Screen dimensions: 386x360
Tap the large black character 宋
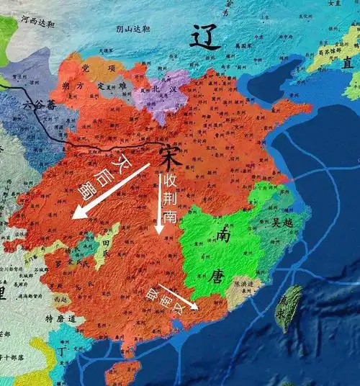(x=167, y=154)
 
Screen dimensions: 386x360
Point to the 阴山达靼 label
(x=132, y=30)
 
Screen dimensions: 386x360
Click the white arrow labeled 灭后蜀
(x=108, y=192)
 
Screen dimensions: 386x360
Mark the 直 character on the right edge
(x=348, y=64)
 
